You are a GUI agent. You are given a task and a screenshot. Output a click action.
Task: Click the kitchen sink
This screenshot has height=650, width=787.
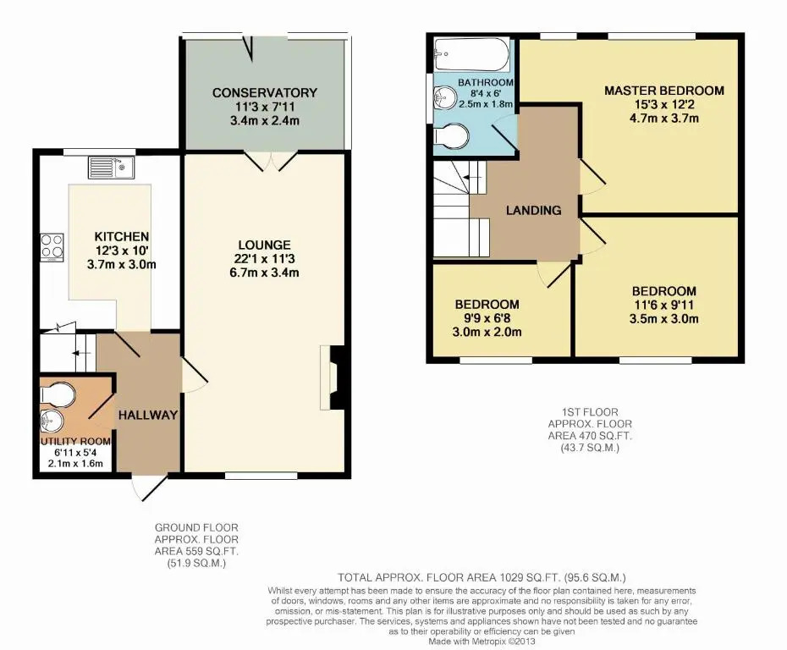[111, 168]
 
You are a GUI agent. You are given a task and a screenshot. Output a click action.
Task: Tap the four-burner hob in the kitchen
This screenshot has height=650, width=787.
[52, 247]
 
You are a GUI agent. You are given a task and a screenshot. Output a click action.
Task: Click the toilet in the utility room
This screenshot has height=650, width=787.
[58, 394]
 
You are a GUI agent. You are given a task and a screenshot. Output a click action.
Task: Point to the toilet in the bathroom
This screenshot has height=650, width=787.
[451, 136]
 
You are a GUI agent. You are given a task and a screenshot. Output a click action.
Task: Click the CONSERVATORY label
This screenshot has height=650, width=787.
[265, 93]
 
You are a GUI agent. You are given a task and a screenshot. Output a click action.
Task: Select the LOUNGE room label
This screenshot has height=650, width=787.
[265, 245]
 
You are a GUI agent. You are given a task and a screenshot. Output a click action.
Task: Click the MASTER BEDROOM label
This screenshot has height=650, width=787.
[664, 91]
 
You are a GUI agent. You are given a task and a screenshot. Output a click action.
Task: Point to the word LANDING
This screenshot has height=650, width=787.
[533, 210]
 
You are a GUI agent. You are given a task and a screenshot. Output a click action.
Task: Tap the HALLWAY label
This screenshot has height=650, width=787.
[148, 415]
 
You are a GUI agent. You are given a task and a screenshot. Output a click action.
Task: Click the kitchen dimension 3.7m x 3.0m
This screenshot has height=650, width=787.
[122, 265]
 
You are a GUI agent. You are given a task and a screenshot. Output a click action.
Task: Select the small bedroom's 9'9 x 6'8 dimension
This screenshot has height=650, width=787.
[487, 318]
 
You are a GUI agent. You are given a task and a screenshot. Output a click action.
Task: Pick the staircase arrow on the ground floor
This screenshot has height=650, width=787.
[80, 353]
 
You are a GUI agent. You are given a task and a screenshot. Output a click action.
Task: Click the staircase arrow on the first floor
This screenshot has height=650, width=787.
[472, 177]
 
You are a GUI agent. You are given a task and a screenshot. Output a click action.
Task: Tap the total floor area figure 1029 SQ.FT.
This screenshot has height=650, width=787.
[530, 578]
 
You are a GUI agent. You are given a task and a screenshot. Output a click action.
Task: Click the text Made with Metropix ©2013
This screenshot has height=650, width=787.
[482, 642]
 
